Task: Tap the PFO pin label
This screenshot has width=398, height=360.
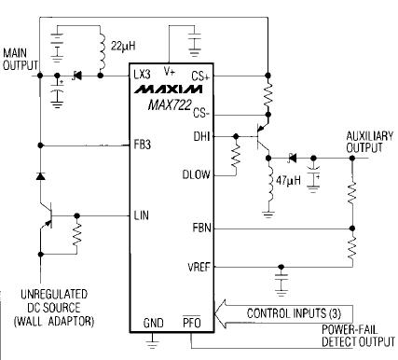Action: coord(190,322)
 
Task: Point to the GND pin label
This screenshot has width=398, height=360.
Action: coord(153,322)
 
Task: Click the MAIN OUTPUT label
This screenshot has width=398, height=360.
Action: coord(21,59)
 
